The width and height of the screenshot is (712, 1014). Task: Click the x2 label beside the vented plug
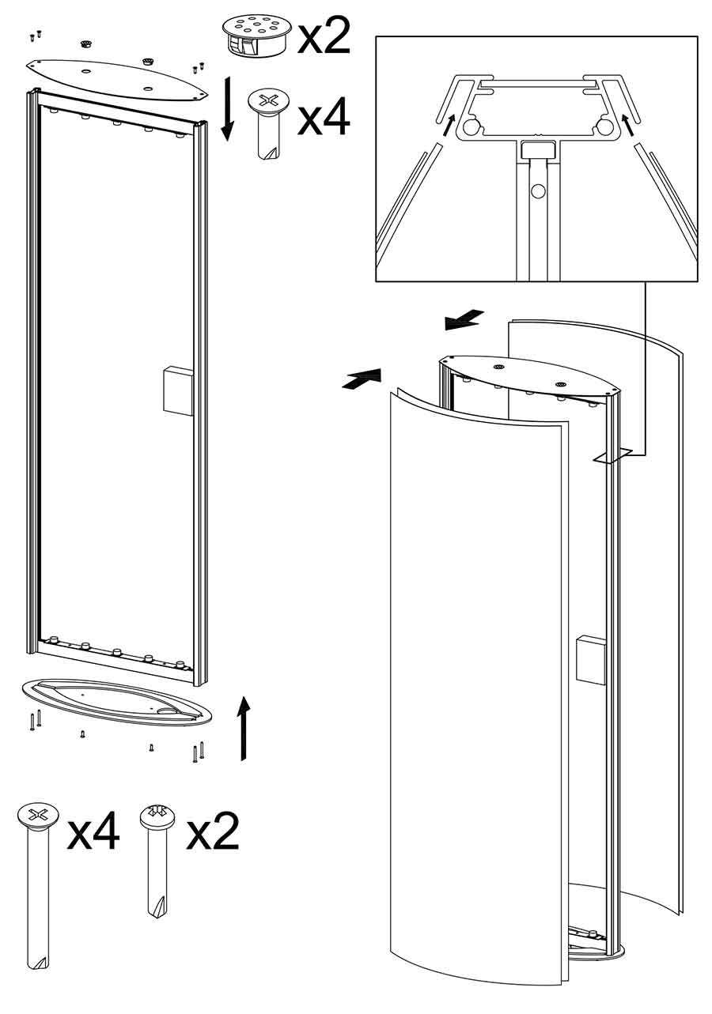pyautogui.click(x=324, y=37)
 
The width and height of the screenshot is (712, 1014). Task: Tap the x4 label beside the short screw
pyautogui.click(x=324, y=118)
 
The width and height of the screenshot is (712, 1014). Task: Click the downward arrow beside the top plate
pyautogui.click(x=227, y=108)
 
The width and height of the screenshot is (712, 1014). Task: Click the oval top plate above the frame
pyautogui.click(x=116, y=80)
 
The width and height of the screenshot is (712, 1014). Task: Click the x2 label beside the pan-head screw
pyautogui.click(x=213, y=831)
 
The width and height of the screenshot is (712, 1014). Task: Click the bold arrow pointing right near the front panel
pyautogui.click(x=362, y=379)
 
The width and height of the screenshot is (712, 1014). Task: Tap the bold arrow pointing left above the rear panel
pyautogui.click(x=464, y=319)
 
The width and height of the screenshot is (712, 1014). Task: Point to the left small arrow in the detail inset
pyautogui.click(x=448, y=126)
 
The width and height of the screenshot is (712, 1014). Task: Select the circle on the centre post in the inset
pyautogui.click(x=538, y=191)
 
